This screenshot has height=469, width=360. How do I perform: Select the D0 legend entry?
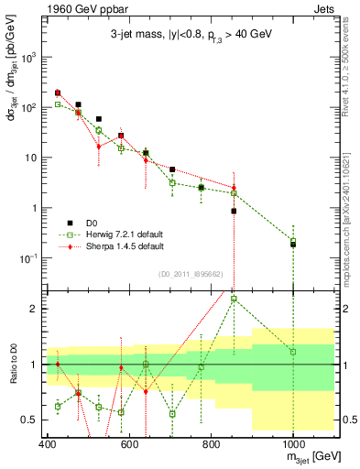(90, 223)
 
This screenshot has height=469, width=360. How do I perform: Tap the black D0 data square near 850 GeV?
(234, 211)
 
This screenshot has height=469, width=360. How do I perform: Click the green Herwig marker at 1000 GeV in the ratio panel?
(292, 352)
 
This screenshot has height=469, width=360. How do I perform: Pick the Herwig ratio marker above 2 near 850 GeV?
(234, 299)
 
